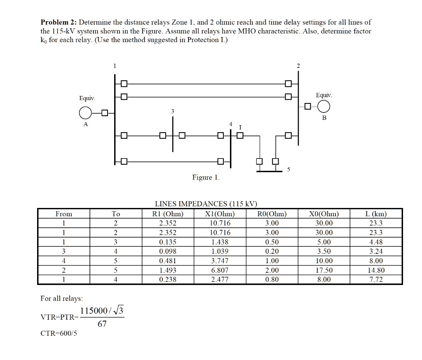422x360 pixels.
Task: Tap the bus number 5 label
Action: pos(288,170)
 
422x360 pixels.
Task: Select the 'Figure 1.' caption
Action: pos(206,178)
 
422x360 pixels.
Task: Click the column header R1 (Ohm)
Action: pos(168,214)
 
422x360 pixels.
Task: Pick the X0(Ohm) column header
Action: pos(324,214)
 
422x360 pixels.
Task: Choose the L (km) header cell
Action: pos(376,214)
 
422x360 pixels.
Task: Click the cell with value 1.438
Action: pos(220,242)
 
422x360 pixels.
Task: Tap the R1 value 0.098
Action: pos(168,251)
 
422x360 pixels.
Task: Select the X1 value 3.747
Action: pos(220,261)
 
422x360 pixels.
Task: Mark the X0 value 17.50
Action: pos(324,270)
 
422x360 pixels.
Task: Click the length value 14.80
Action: pos(376,270)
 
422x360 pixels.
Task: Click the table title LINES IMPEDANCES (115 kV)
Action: pos(206,204)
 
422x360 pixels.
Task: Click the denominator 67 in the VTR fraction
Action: pos(102,324)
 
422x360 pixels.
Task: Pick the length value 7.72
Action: pos(376,280)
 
